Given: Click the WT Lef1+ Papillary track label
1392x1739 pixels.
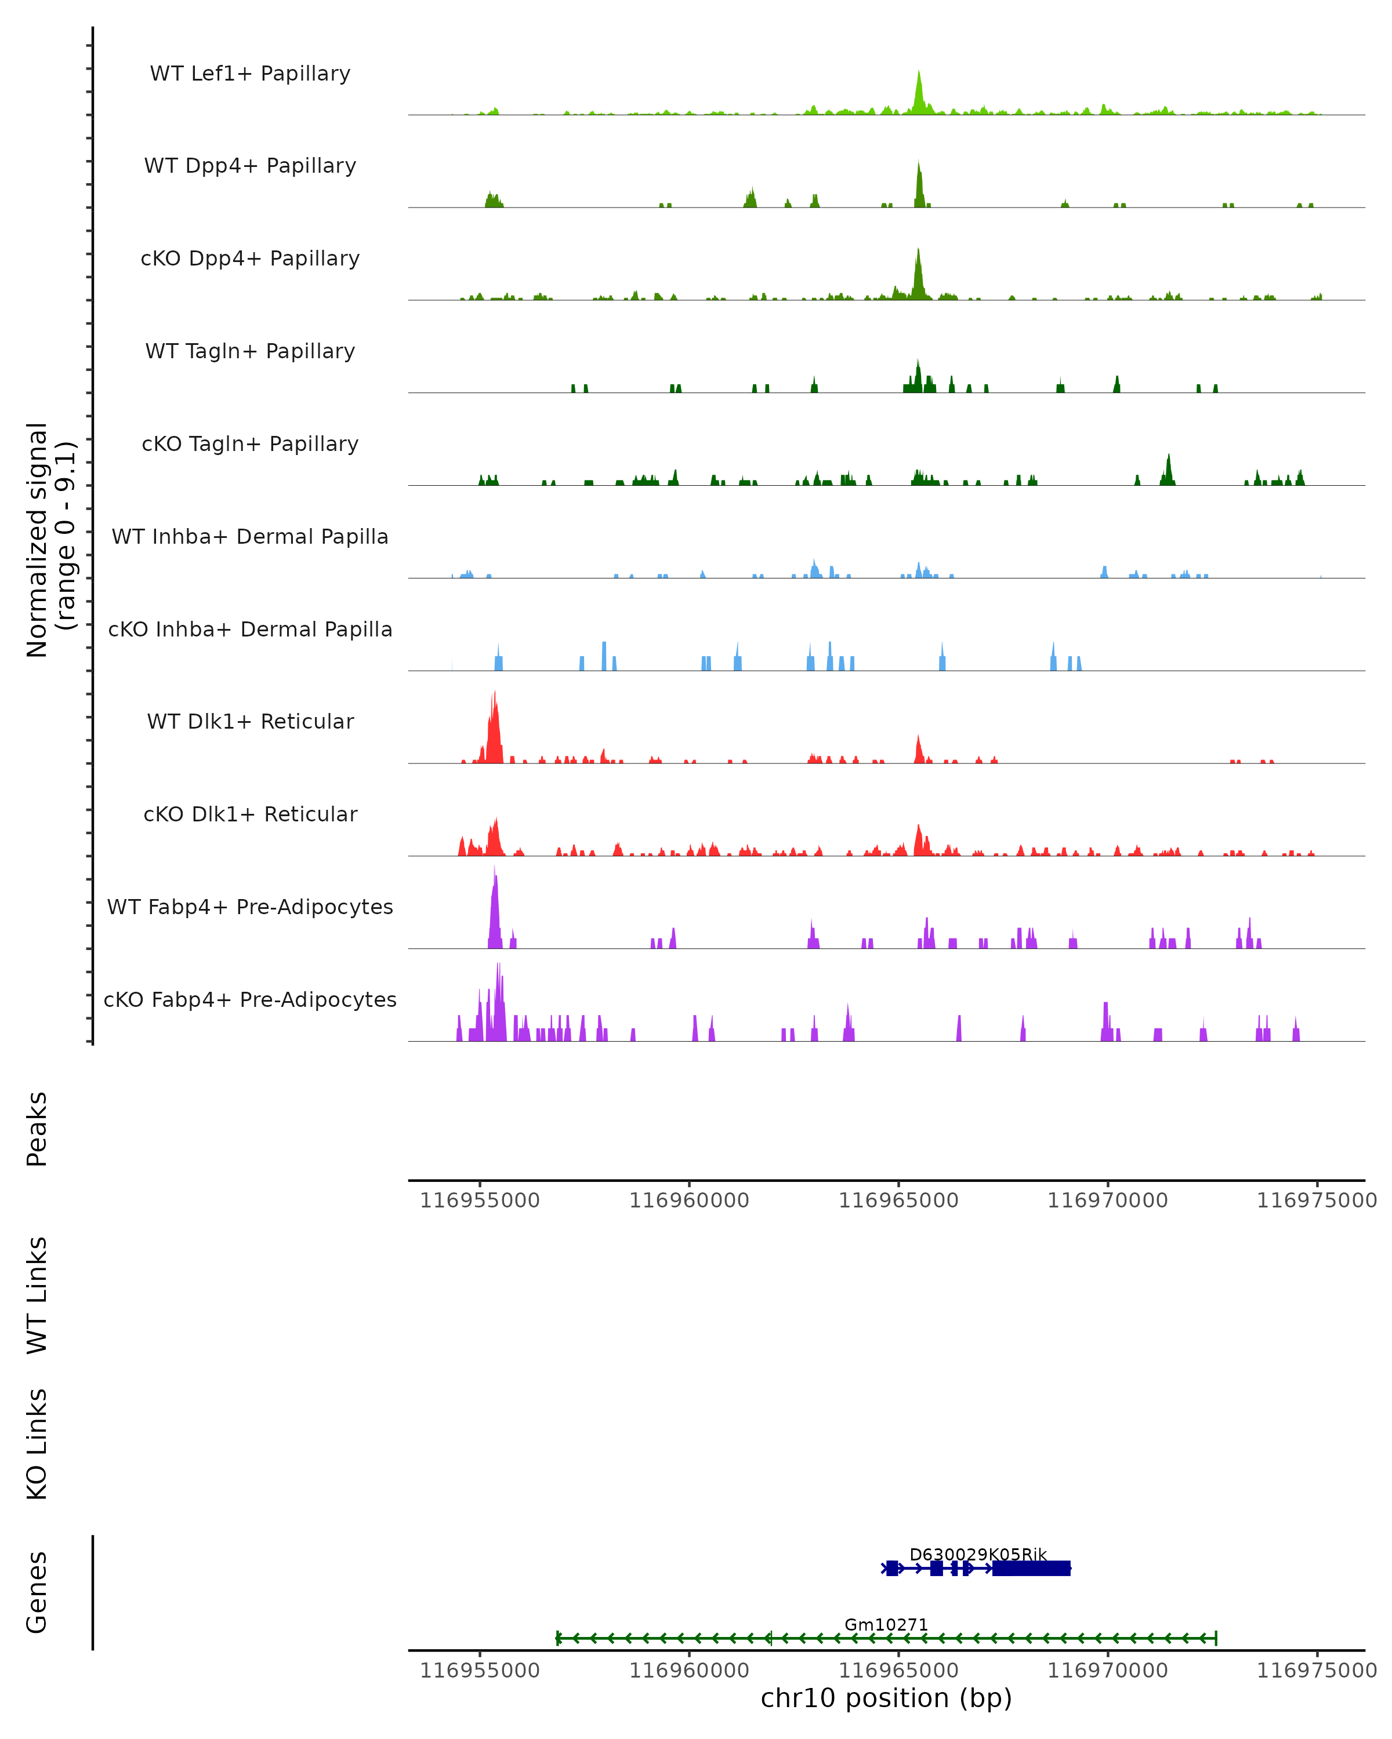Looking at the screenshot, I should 250,74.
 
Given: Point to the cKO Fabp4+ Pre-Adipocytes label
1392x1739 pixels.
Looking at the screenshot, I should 250,999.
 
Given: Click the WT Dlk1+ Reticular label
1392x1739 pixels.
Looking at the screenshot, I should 250,721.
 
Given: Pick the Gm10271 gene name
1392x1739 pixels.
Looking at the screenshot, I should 886,1624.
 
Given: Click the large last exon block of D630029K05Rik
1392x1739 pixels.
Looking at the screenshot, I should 1031,1568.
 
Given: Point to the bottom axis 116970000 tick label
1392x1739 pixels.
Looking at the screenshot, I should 1107,1671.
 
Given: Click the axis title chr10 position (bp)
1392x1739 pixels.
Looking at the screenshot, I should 886,1698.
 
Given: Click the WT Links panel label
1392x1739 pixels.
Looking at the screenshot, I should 37,1294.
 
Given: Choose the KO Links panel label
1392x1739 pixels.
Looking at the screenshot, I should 37,1444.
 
